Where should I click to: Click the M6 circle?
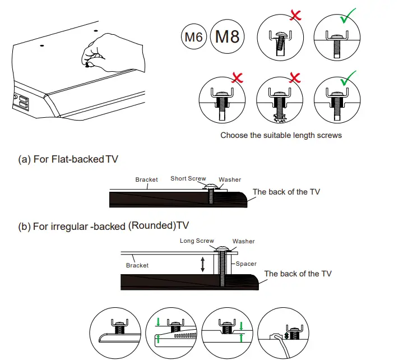tap(193, 38)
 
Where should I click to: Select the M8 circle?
tap(227, 37)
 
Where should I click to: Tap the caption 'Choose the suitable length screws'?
tap(281, 135)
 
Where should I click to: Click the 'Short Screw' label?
tap(188, 179)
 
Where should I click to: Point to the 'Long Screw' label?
tap(197, 241)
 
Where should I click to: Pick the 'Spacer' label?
tap(245, 264)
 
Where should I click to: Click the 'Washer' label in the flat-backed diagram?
tap(230, 179)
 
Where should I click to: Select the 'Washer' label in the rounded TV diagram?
tap(243, 242)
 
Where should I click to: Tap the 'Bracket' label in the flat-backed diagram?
tap(146, 180)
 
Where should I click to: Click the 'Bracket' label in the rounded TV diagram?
tap(137, 265)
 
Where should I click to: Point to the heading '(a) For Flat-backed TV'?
tap(69, 160)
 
